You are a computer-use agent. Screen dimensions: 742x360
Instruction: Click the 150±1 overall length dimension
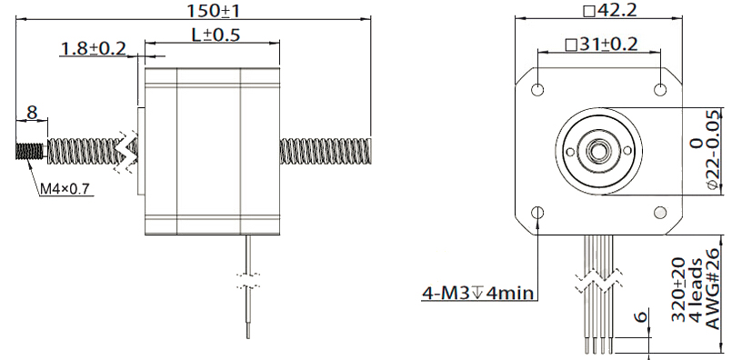coord(214,11)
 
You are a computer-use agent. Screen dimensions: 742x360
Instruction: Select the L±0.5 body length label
coord(216,35)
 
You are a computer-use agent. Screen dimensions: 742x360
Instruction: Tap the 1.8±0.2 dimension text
coord(94,48)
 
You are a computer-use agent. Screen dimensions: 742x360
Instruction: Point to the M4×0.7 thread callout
coord(65,189)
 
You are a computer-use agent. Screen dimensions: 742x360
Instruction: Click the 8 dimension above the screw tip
coord(32,113)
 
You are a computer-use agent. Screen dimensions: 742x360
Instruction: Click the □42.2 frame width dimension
coord(610,10)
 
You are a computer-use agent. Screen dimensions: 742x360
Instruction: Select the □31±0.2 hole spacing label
coord(601,45)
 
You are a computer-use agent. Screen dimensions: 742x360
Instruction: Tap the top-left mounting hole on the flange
coord(537,89)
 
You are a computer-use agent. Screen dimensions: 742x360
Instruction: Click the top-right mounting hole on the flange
coord(660,89)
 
